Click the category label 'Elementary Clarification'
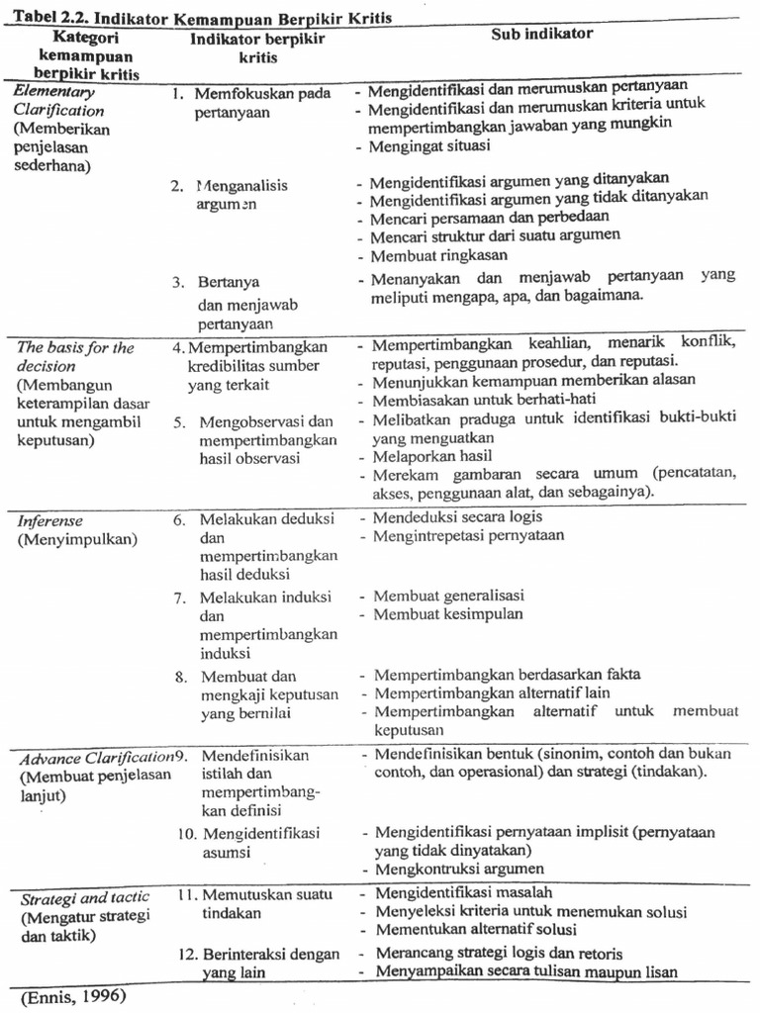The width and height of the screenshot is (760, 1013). [59, 101]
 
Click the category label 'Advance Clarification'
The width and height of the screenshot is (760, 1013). [95, 758]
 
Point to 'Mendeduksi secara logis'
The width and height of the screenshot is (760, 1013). [457, 516]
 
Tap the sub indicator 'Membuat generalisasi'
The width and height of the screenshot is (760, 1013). [448, 596]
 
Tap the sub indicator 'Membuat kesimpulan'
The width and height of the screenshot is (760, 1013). [445, 614]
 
